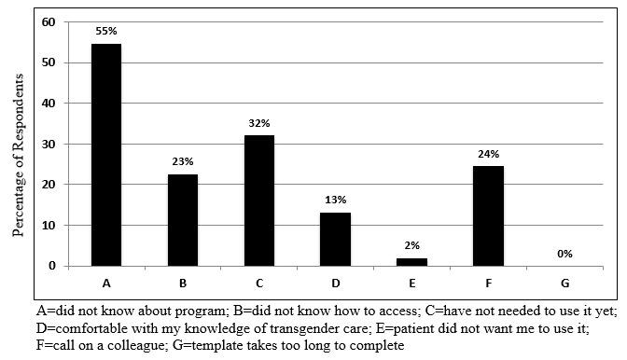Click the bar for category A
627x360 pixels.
(105, 155)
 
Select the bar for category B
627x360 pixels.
(182, 220)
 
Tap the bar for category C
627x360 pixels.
(258, 201)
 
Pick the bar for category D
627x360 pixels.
(335, 240)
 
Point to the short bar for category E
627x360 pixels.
(411, 262)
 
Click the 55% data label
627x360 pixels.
(105, 31)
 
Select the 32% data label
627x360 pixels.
(258, 121)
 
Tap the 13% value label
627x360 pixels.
(335, 200)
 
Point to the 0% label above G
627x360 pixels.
(564, 253)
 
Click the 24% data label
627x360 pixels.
(488, 154)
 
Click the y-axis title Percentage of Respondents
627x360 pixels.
(18, 145)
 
